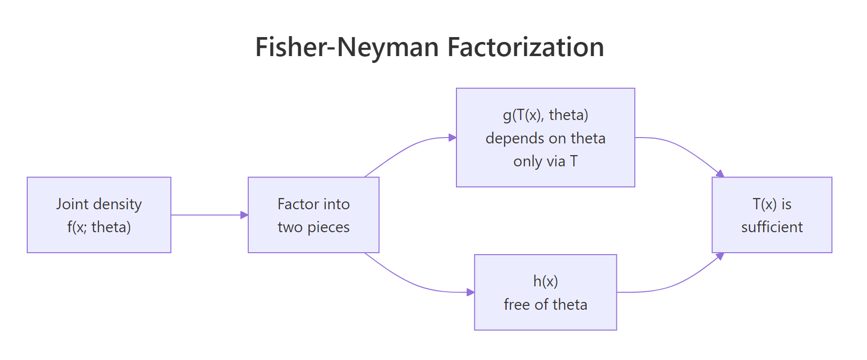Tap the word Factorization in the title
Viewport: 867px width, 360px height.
[525, 47]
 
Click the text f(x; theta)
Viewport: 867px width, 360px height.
[99, 227]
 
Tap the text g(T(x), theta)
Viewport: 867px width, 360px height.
[545, 115]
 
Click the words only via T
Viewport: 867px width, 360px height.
[545, 161]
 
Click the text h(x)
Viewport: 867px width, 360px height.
[545, 281]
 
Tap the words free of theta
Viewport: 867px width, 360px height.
[545, 304]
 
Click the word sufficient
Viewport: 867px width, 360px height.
[772, 227]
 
